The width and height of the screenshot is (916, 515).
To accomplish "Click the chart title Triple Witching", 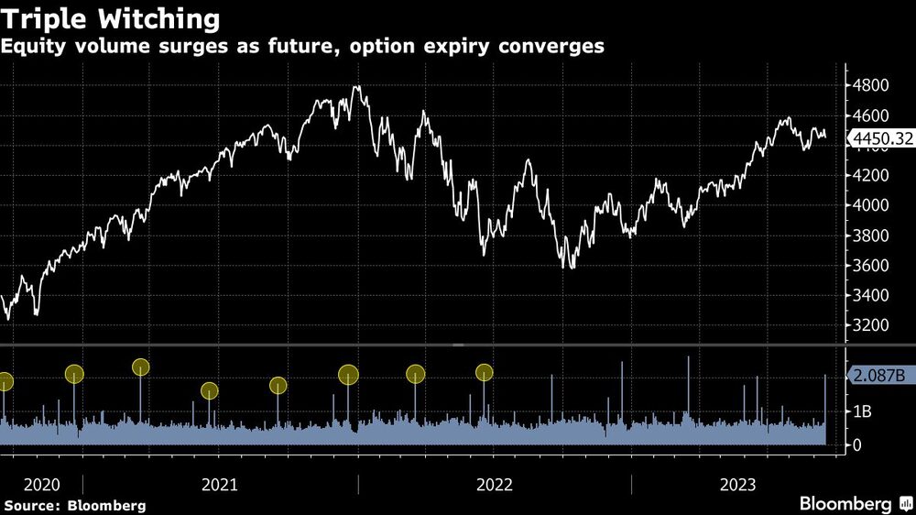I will coord(113,18).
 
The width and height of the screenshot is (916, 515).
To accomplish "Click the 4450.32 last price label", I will coord(880,139).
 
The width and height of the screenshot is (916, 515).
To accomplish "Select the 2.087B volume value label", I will coord(880,376).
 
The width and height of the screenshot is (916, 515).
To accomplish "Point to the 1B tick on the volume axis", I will coord(863,411).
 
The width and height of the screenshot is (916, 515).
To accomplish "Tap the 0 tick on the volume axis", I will coord(857,445).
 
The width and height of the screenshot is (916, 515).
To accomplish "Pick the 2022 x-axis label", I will coord(495,485).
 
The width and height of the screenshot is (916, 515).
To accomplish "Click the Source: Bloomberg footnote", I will coord(74,505).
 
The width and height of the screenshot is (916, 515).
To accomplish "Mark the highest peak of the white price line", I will coord(356,87).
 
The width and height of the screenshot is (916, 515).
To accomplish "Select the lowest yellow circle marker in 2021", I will coord(210,391).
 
